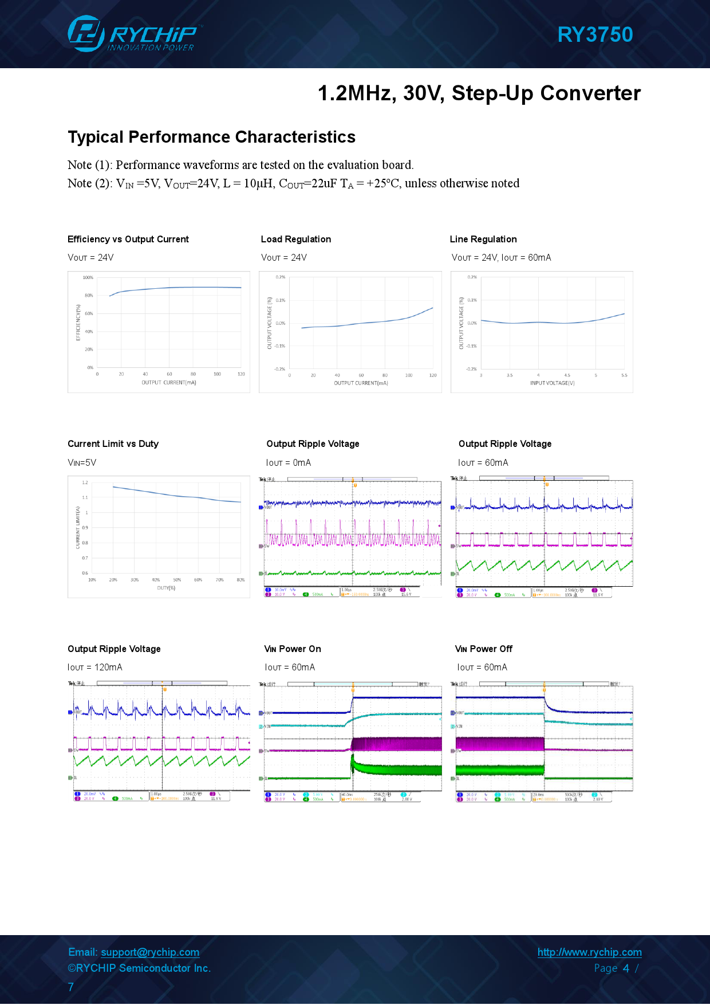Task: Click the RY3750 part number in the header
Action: tap(595, 35)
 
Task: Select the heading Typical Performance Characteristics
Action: tap(211, 137)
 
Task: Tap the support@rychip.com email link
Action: tap(150, 952)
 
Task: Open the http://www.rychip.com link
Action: tap(589, 952)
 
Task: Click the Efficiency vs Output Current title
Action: tap(128, 240)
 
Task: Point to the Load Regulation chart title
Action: tap(295, 240)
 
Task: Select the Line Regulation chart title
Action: tap(483, 240)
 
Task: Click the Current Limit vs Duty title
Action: tap(113, 444)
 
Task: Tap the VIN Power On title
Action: tap(293, 649)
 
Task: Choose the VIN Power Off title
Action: tap(483, 649)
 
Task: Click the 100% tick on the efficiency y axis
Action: tap(88, 278)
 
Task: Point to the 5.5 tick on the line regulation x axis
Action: tap(624, 375)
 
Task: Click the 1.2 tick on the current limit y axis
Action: tap(85, 483)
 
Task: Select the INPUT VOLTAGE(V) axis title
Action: tap(552, 383)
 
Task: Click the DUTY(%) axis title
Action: tap(166, 588)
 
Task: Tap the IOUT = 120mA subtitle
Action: tap(95, 668)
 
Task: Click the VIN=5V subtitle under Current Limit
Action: tap(82, 463)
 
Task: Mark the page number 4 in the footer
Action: tap(626, 968)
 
